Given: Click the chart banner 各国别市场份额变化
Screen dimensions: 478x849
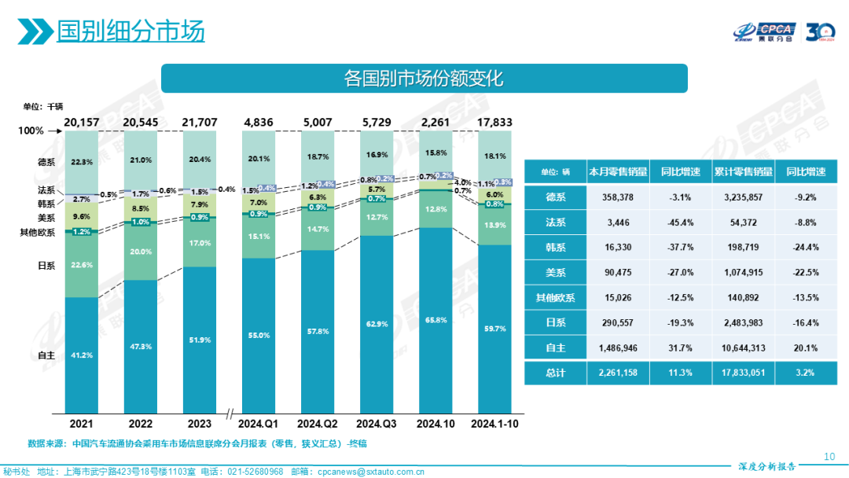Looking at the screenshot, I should [x=424, y=79].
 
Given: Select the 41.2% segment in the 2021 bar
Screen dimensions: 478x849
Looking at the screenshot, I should [x=82, y=355].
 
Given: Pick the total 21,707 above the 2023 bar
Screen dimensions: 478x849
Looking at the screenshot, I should [x=200, y=123].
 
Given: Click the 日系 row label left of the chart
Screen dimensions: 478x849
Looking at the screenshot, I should [x=46, y=265].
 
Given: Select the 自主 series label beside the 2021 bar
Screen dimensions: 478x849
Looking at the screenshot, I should [x=46, y=355].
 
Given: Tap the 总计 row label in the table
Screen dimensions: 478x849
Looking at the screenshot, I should [x=555, y=371].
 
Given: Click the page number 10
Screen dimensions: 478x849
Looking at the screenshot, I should [x=829, y=456].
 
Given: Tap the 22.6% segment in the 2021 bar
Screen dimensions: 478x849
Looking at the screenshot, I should [x=82, y=265].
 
